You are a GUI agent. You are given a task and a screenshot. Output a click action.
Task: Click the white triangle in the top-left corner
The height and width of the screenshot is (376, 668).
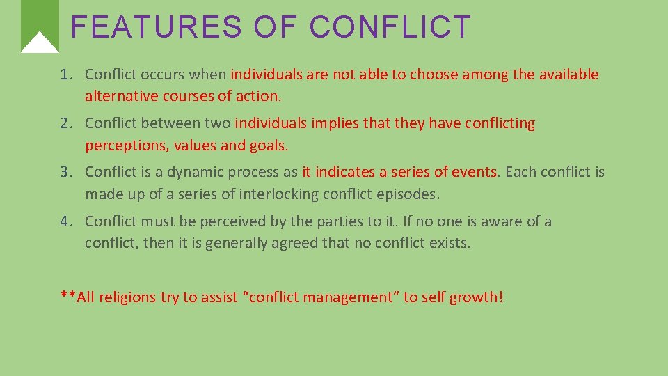click(x=40, y=43)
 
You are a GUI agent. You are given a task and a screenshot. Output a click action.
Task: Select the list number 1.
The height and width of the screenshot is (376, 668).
click(x=66, y=75)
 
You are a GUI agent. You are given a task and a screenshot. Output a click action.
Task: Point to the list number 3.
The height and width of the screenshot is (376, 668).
click(x=66, y=172)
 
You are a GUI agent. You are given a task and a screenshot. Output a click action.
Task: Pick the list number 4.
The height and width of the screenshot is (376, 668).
click(x=66, y=221)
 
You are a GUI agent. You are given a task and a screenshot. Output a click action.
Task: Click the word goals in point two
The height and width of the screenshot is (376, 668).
click(x=270, y=146)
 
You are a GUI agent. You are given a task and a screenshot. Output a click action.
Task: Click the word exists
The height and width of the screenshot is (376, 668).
click(x=449, y=244)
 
